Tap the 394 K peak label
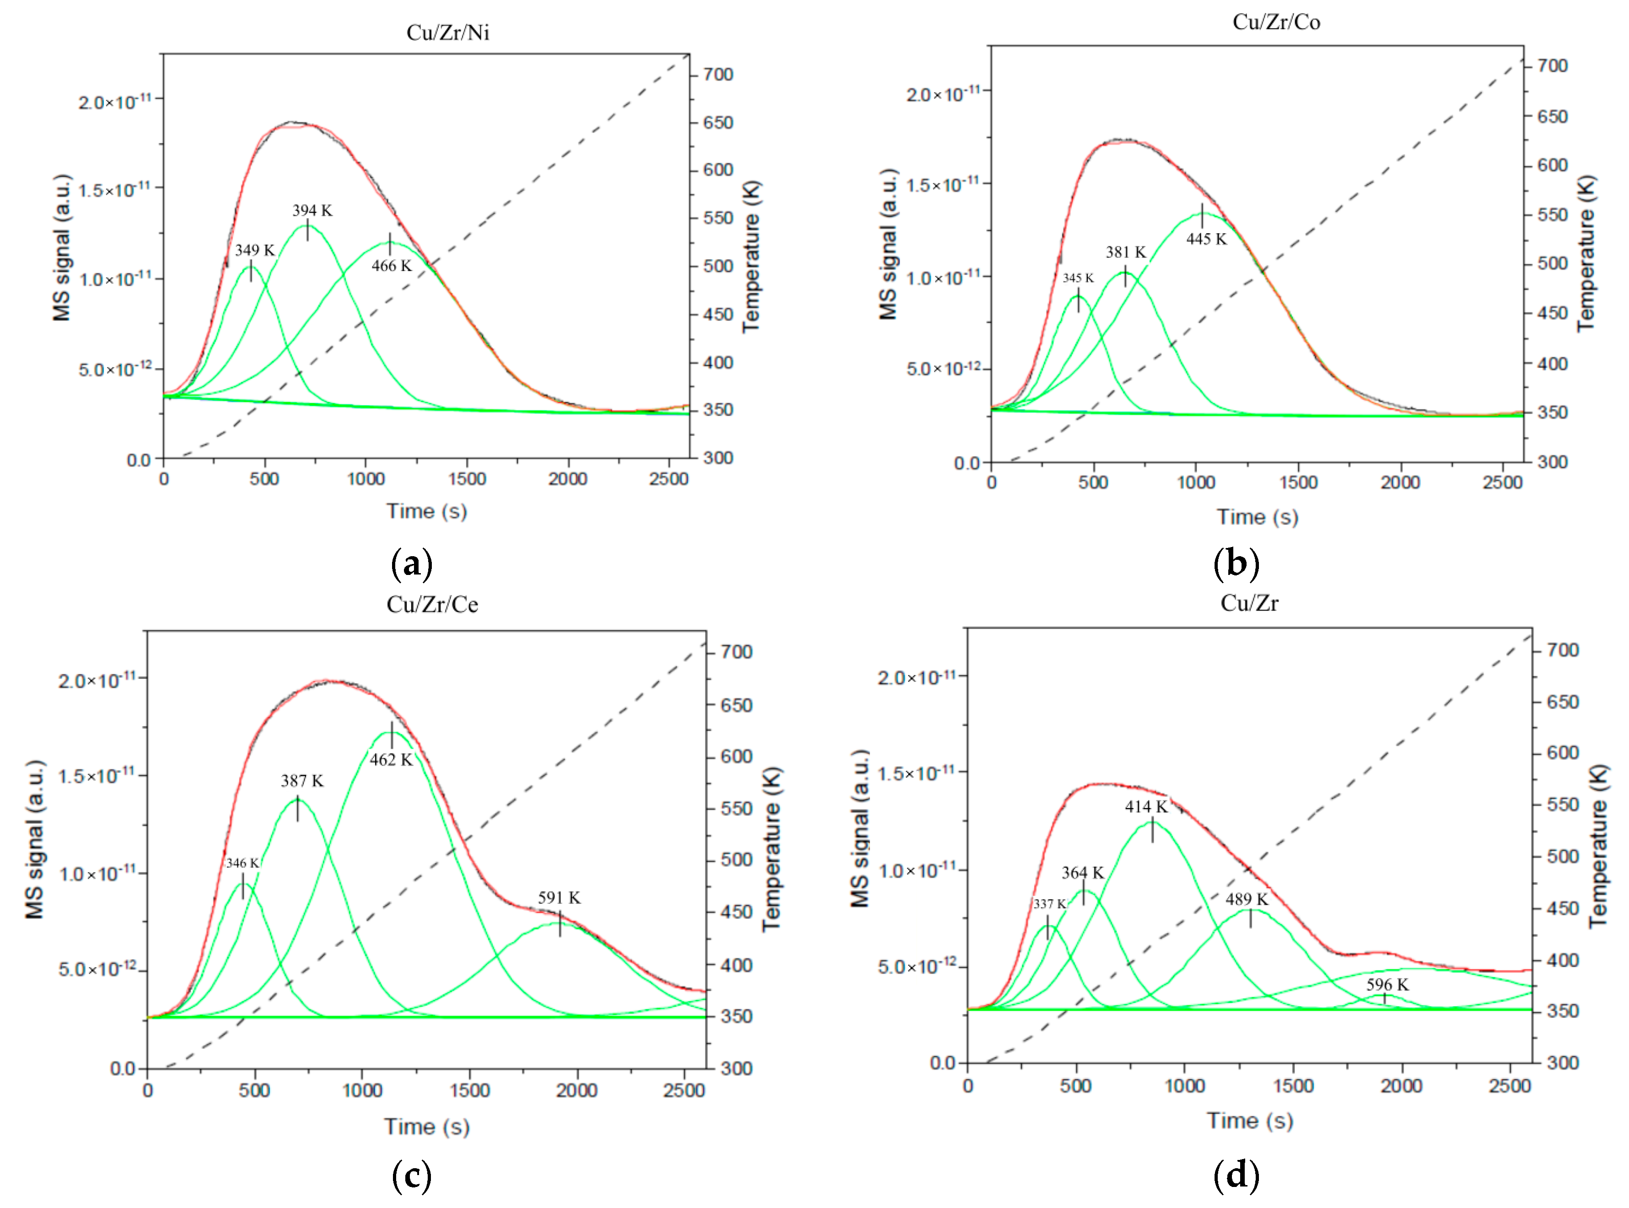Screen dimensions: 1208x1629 pyautogui.click(x=312, y=210)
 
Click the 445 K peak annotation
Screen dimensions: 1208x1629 pyautogui.click(x=1206, y=239)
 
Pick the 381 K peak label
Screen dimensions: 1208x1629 pyautogui.click(x=1125, y=252)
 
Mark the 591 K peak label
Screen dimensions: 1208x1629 pyautogui.click(x=559, y=897)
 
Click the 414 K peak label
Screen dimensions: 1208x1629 pyautogui.click(x=1146, y=806)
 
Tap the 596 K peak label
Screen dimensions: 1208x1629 pyautogui.click(x=1387, y=985)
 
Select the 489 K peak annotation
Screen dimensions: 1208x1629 pyautogui.click(x=1247, y=899)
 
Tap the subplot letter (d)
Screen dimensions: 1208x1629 pyautogui.click(x=1236, y=1175)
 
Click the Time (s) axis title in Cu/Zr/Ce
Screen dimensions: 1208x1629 pyautogui.click(x=427, y=1126)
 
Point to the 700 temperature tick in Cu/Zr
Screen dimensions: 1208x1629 pyautogui.click(x=1563, y=650)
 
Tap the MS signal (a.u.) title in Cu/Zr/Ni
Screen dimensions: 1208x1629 pyautogui.click(x=63, y=248)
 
